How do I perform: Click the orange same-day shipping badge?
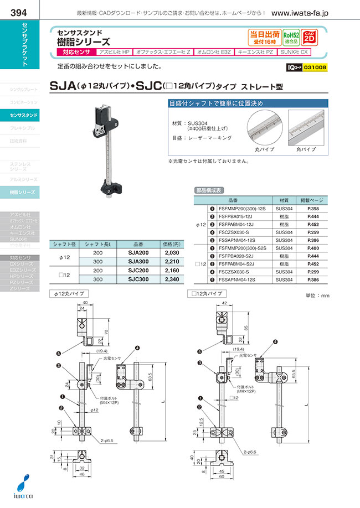(x=264, y=37)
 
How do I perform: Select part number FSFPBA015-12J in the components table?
(x=239, y=216)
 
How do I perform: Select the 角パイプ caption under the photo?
(x=306, y=149)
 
